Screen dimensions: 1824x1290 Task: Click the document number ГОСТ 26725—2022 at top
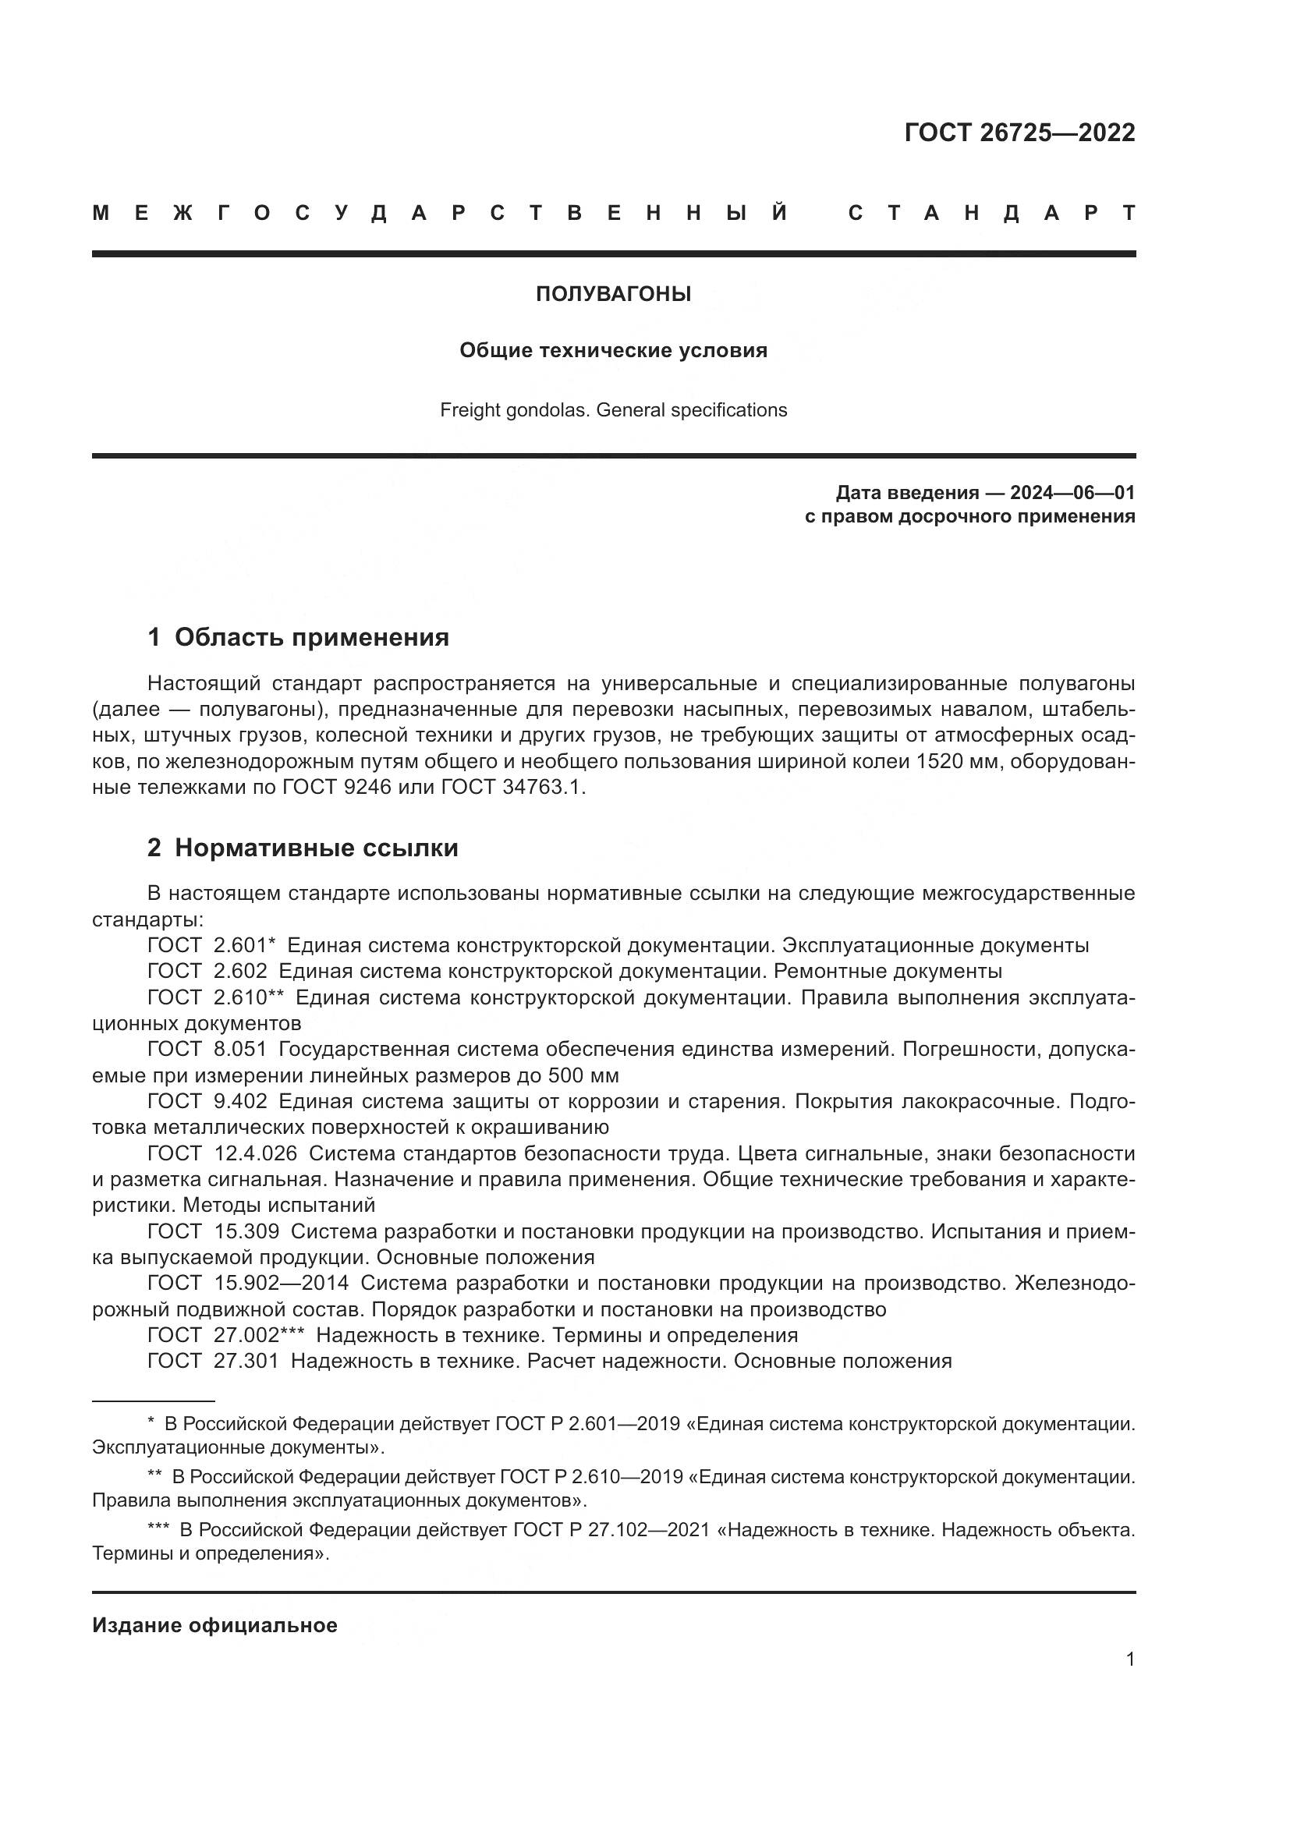tap(1019, 133)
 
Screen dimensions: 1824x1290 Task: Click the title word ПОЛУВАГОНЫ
tap(613, 295)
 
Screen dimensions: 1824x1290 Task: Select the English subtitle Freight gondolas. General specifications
tap(613, 411)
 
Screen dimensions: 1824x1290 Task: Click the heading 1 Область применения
tap(299, 637)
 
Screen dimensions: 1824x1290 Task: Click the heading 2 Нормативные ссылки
tap(303, 848)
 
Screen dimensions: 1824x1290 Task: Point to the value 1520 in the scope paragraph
tap(938, 762)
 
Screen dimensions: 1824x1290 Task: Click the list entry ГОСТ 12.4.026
tap(221, 1153)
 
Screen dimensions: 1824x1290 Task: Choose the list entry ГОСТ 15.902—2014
tap(248, 1283)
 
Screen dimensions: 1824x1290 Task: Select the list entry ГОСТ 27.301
tap(213, 1361)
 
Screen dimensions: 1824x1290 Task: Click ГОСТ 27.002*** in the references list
tap(225, 1334)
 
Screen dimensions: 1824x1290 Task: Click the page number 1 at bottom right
tap(1129, 1659)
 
